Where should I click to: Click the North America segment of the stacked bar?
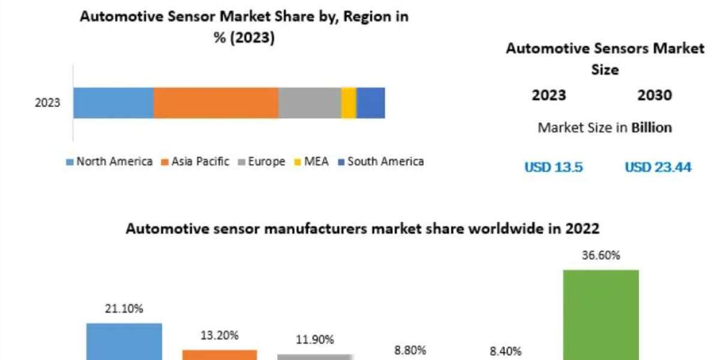(113, 103)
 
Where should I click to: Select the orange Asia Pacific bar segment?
(216, 103)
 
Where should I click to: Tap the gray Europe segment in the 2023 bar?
(310, 103)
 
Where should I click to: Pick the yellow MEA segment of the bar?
(349, 103)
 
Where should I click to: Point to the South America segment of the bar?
(371, 103)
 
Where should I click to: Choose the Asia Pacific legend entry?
(196, 161)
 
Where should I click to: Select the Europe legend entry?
(262, 161)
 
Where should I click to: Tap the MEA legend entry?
(313, 161)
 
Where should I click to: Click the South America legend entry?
(381, 161)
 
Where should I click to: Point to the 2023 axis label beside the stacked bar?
(47, 103)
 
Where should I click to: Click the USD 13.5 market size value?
(554, 167)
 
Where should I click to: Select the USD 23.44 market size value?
(658, 167)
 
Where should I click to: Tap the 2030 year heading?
(655, 95)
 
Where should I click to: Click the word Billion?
(652, 127)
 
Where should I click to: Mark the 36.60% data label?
(601, 256)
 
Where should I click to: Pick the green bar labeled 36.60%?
(601, 315)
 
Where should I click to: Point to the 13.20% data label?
(220, 335)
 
